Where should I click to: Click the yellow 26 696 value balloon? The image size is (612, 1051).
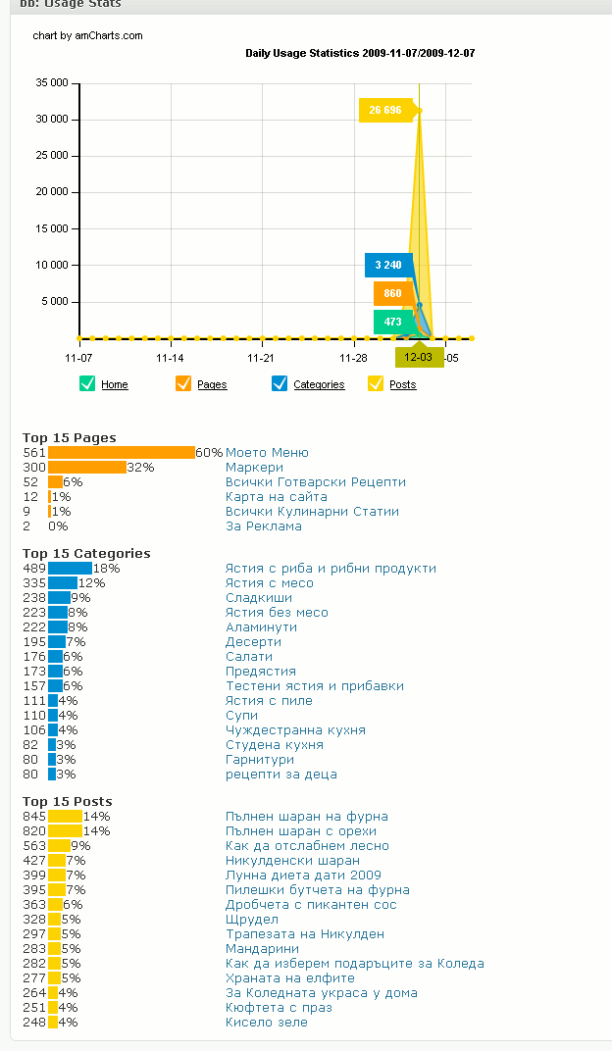click(x=385, y=110)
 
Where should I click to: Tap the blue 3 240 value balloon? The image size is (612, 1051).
click(x=388, y=265)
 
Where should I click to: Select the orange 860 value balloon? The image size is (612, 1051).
click(x=393, y=293)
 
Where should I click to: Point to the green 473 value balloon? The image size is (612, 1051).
click(x=393, y=322)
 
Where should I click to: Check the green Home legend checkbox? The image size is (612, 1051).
click(x=87, y=383)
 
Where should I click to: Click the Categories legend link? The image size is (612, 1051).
click(x=319, y=384)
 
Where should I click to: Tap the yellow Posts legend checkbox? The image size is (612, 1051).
click(x=376, y=383)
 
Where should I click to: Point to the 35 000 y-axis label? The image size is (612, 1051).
click(x=52, y=83)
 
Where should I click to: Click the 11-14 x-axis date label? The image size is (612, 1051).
click(x=170, y=358)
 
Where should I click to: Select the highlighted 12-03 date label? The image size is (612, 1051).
click(x=419, y=357)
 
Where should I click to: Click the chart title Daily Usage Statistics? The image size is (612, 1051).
click(x=360, y=54)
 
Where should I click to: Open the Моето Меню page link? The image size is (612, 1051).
click(x=268, y=452)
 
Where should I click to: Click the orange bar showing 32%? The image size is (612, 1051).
click(x=87, y=468)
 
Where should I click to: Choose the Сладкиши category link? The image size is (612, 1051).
click(x=259, y=598)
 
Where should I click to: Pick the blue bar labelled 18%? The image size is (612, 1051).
click(x=71, y=569)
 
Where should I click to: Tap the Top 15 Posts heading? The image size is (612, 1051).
click(x=67, y=802)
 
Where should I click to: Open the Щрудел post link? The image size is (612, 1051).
click(x=252, y=920)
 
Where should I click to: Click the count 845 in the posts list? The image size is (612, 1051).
click(x=34, y=817)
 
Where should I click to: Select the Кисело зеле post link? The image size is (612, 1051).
click(x=267, y=1023)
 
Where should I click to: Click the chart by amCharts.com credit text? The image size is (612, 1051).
click(x=88, y=35)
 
